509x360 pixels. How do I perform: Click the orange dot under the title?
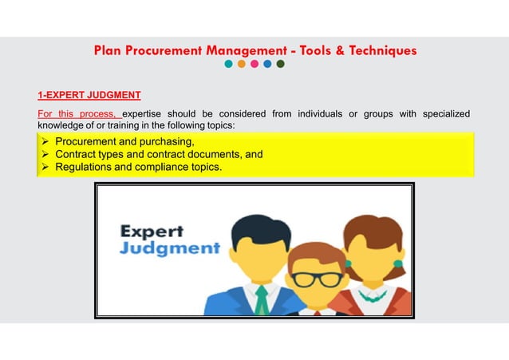pos(241,65)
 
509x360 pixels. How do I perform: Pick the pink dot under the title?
pos(254,65)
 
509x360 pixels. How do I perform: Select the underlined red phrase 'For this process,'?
pos(78,113)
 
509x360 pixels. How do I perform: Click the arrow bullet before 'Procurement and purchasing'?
pos(45,141)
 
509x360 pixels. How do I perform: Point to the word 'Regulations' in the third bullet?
pos(84,167)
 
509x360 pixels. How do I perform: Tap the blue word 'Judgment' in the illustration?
pos(168,248)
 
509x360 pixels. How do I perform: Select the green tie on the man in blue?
pos(261,299)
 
